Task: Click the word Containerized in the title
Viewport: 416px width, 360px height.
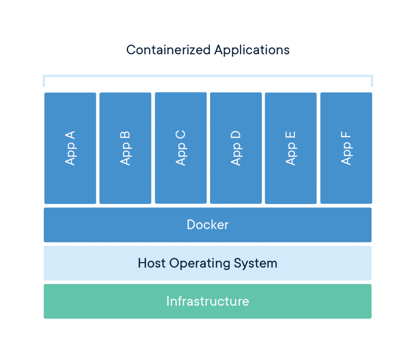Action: tap(168, 50)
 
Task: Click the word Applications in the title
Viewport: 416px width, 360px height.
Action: tap(252, 50)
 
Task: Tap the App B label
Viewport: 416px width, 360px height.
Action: tap(125, 148)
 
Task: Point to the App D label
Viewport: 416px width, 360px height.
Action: tap(236, 148)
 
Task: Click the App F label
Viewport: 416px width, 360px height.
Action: tap(346, 148)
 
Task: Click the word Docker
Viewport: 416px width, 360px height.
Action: tap(208, 225)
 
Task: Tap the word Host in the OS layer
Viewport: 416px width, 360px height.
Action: tap(151, 263)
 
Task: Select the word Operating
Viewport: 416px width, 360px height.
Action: tap(200, 263)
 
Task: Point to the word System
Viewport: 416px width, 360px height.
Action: tap(255, 263)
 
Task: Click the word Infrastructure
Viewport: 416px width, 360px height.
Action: tap(208, 301)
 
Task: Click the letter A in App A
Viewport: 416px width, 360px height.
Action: tap(70, 136)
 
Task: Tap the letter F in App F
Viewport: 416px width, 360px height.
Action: tap(346, 135)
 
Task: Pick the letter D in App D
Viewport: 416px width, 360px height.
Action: tap(236, 135)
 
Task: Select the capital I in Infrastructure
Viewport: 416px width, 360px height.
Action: tap(168, 301)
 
